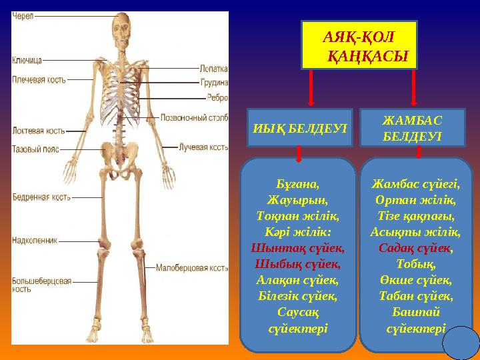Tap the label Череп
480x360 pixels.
click(x=23, y=15)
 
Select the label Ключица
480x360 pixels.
click(x=27, y=60)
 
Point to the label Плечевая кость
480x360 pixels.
click(x=39, y=79)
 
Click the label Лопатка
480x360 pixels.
click(x=213, y=68)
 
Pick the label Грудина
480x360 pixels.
click(x=214, y=83)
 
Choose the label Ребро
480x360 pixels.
click(x=217, y=97)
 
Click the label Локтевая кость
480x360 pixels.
click(x=38, y=131)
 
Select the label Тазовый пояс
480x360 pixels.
click(x=35, y=149)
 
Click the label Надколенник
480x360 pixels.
click(x=35, y=240)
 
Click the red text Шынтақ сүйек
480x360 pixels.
click(x=298, y=247)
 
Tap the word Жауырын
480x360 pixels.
click(x=297, y=199)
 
